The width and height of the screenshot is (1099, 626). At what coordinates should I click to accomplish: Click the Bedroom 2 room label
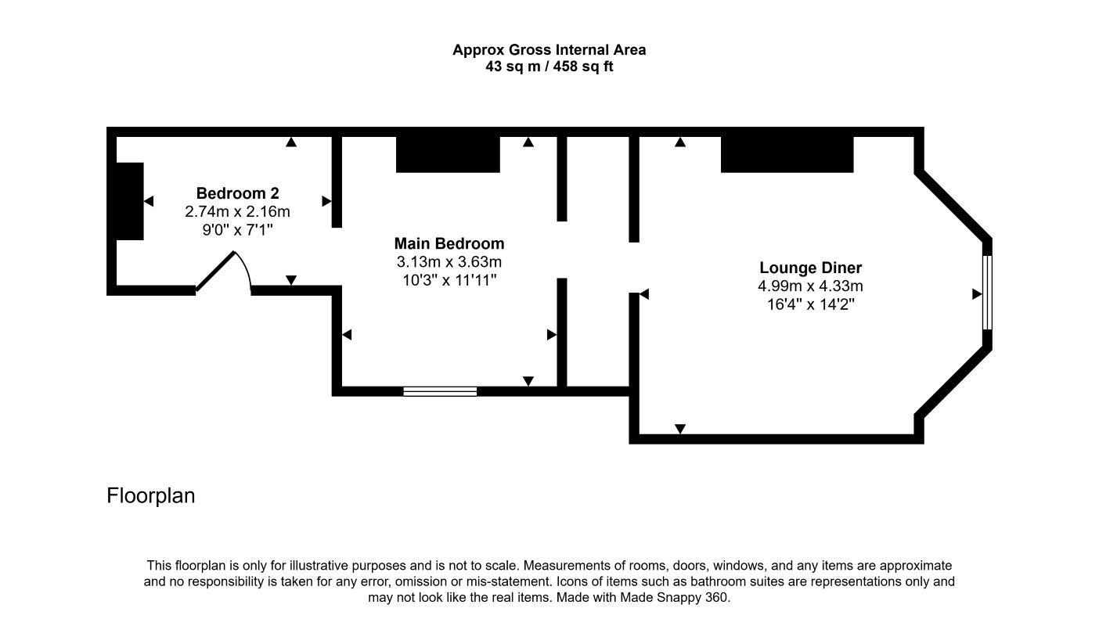tap(237, 193)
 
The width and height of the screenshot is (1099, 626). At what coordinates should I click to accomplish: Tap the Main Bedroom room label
tap(449, 243)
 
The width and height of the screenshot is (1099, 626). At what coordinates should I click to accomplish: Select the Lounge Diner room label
tap(810, 268)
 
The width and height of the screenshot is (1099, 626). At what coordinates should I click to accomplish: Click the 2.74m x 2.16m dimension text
tap(237, 211)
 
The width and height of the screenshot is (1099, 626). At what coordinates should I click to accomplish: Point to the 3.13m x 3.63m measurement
tap(449, 262)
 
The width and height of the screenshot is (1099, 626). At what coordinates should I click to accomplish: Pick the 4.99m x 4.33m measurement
tap(810, 286)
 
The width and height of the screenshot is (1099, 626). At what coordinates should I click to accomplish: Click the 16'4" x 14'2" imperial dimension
tap(810, 304)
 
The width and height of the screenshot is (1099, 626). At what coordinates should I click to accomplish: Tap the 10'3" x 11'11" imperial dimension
tap(449, 280)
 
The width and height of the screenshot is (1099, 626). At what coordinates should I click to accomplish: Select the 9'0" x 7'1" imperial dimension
tap(237, 229)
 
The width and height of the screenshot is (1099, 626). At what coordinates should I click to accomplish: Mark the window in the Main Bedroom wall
tap(440, 391)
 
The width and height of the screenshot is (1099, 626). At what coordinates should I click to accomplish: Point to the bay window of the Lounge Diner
tap(987, 293)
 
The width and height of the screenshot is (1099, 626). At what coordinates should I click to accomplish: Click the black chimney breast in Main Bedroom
tap(448, 154)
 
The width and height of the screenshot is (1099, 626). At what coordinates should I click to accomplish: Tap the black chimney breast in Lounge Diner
tap(787, 154)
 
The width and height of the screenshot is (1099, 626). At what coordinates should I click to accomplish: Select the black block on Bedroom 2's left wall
tap(129, 201)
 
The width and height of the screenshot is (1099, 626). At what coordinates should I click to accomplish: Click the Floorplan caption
tap(150, 495)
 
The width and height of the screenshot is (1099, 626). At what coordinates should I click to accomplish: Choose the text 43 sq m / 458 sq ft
tap(549, 67)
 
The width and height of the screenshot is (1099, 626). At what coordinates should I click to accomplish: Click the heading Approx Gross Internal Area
tap(549, 49)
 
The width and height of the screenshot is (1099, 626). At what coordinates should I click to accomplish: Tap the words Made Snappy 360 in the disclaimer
tap(674, 598)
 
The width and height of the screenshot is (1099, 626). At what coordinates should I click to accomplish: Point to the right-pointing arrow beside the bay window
tap(977, 294)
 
